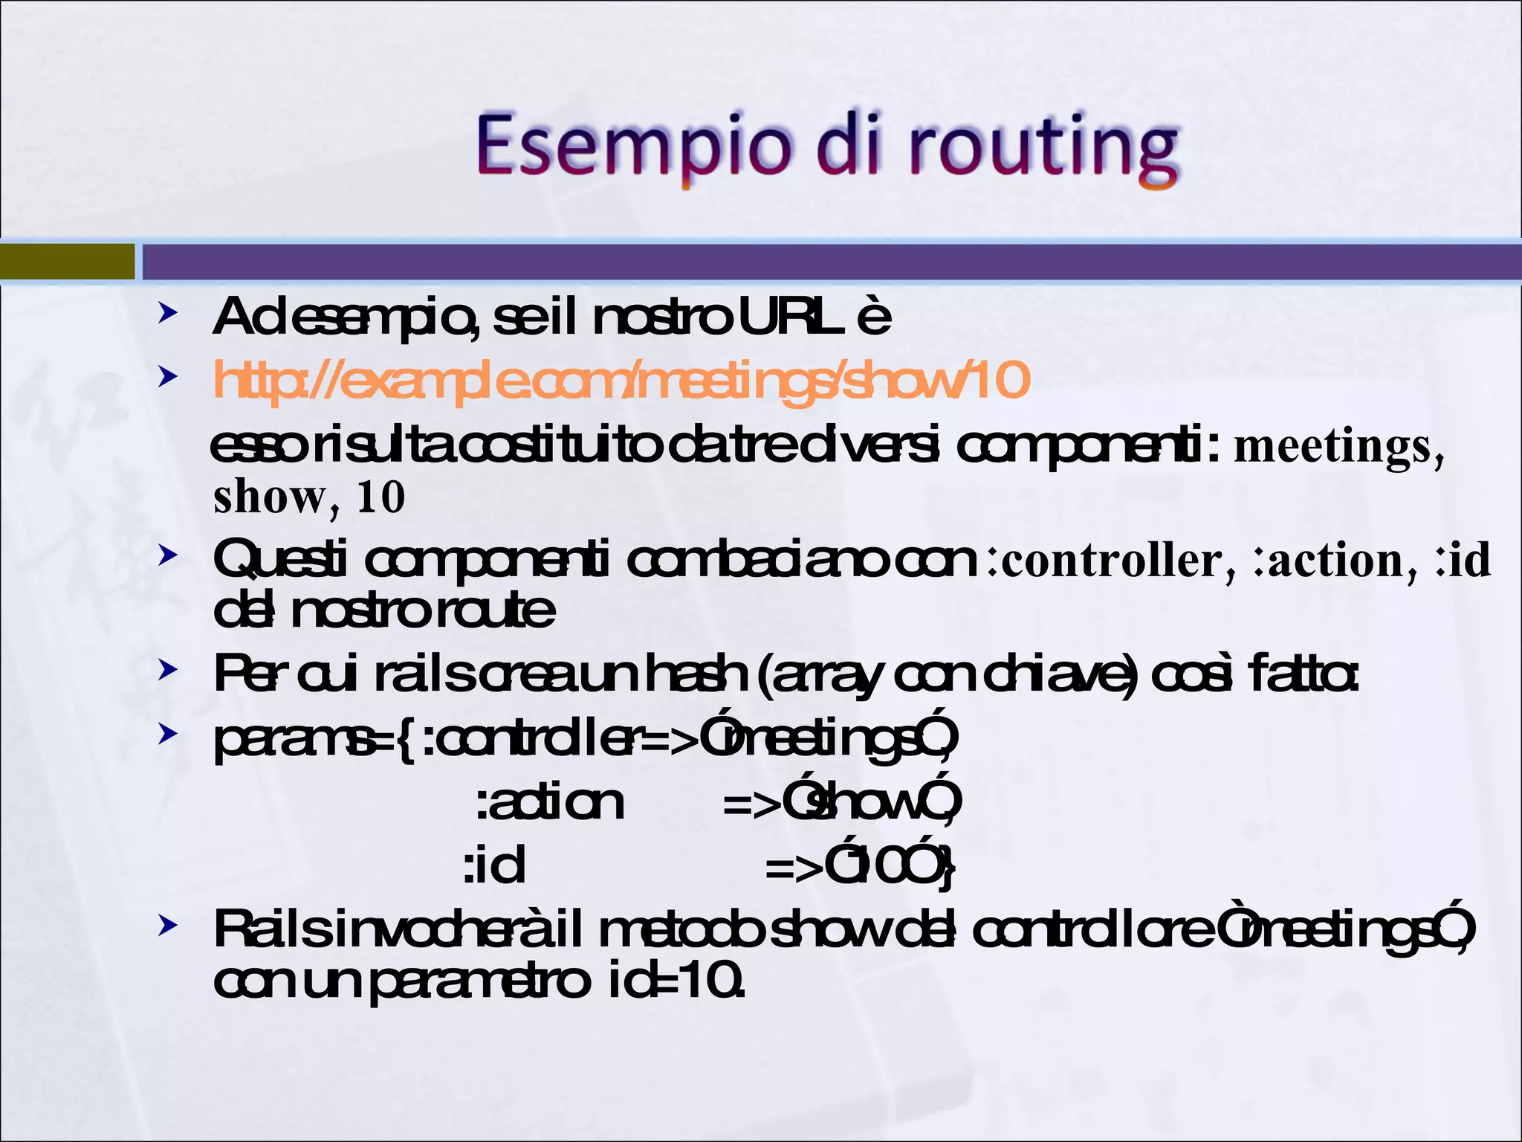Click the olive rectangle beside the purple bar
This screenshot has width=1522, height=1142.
[67, 261]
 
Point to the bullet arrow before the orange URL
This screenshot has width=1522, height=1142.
[167, 377]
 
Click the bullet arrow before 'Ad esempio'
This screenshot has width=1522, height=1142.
[167, 314]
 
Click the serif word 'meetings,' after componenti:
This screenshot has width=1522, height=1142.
[1338, 446]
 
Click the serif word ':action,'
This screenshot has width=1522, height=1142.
[1335, 561]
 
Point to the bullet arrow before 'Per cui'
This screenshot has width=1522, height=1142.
[167, 671]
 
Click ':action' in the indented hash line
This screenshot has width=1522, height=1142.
[550, 803]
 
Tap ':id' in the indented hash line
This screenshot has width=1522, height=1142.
[494, 866]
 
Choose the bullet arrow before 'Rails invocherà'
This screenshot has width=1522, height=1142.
[167, 926]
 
